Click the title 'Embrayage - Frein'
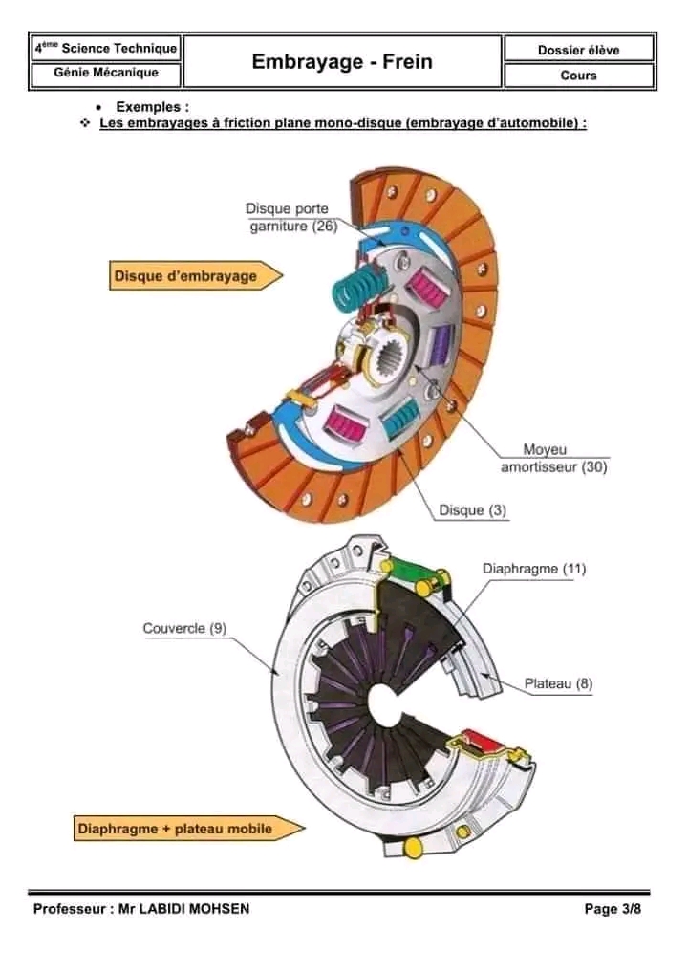pos(342,62)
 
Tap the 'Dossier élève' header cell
pos(579,49)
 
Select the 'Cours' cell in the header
pos(579,76)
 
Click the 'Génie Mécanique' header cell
pos(106,73)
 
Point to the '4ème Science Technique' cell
pos(106,48)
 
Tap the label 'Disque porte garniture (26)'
pos(287,218)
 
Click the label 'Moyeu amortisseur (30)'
pos(554,459)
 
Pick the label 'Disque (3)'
pos(472,510)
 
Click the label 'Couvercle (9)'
pos(184,628)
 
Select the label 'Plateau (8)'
pos(558,683)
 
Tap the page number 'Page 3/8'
pos(613,909)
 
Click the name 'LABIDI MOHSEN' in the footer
pos(196,909)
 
